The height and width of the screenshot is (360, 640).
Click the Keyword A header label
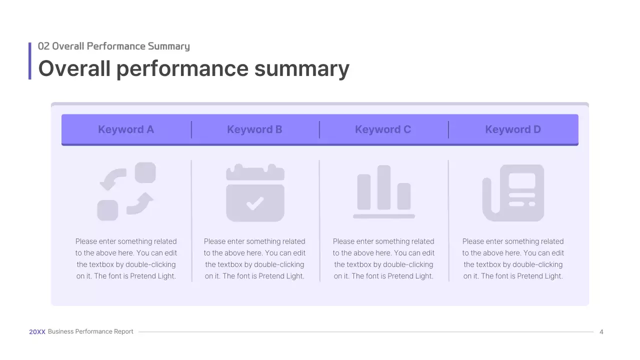coord(125,129)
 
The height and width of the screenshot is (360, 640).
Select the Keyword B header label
coord(254,129)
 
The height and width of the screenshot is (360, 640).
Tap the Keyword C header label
coord(383,129)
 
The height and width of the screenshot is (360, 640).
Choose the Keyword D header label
coord(513,129)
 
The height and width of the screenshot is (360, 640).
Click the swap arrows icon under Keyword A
coord(126,191)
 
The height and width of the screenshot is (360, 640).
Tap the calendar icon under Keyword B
coord(255,192)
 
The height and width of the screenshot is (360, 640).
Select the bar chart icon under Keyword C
coord(384,191)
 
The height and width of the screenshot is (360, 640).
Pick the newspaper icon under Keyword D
coord(513,192)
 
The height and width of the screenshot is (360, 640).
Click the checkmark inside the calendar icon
coord(255,202)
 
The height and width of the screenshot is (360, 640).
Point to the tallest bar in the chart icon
coord(384,187)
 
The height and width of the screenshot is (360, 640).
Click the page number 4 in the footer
coord(601,332)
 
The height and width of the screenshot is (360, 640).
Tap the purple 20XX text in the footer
coord(37,331)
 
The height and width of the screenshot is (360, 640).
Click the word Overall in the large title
coord(74,68)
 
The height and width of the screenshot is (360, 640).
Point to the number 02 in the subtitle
coord(43,46)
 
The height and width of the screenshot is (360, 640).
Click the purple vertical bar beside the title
coord(30,61)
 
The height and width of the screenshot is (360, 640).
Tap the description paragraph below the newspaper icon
coord(513,258)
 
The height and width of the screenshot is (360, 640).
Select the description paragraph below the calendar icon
coord(254,258)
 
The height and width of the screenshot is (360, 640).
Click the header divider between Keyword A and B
coord(191,129)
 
